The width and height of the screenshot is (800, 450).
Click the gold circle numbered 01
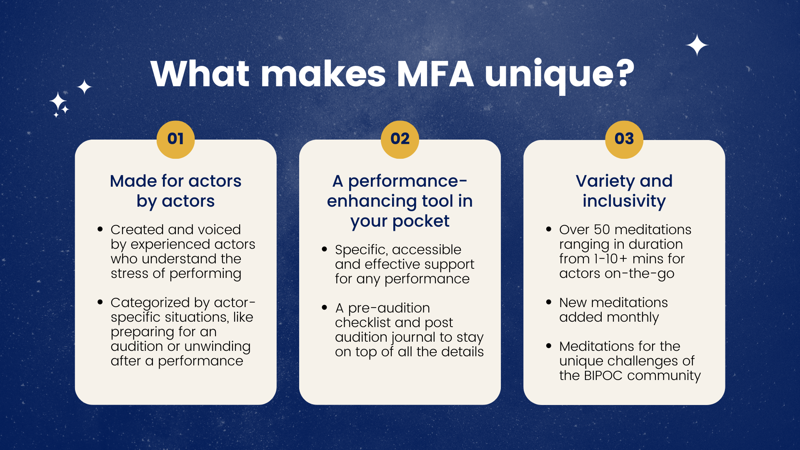[175, 139]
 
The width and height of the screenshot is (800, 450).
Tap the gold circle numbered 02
[400, 139]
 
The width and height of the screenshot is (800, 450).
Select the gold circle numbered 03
[624, 139]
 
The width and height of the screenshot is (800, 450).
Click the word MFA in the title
[435, 74]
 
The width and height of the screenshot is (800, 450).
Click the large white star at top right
[697, 45]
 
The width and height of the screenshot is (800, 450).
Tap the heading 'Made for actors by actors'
[175, 191]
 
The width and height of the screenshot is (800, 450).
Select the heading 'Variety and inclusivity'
[624, 191]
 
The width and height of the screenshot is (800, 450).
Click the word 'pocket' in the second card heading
[421, 221]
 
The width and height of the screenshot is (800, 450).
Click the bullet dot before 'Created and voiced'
[100, 229]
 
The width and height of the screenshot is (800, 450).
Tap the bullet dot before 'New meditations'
[549, 302]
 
